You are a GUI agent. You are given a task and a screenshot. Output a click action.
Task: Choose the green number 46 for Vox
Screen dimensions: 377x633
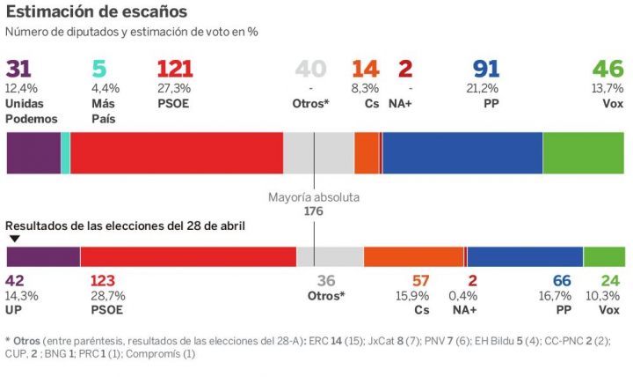coord(608,70)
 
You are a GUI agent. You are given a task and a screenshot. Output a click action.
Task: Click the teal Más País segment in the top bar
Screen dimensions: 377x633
coord(65,153)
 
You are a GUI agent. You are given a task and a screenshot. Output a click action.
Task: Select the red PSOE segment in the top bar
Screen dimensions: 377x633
coord(176,153)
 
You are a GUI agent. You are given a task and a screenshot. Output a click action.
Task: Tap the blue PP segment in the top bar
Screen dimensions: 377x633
coord(462,153)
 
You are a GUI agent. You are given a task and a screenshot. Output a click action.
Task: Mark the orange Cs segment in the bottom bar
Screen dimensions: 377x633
coord(413,256)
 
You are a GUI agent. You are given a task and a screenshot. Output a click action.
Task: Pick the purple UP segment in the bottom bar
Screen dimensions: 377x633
coord(43,256)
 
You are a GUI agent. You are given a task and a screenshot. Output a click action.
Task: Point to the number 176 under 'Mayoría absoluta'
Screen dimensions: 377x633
coord(314,211)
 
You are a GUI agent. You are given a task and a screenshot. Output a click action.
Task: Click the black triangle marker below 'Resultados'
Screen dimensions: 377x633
coord(14,239)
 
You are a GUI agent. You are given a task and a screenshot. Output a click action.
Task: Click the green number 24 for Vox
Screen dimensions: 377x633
coord(609,282)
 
